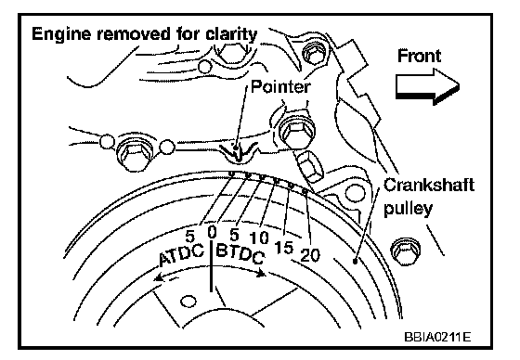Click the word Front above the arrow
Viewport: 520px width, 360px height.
419,56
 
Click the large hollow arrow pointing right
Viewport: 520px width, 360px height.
427,86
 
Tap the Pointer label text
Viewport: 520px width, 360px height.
280,87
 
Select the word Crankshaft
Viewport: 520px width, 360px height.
429,185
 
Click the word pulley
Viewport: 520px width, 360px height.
409,209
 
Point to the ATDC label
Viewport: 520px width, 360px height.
181,255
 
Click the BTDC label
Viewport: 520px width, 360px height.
240,253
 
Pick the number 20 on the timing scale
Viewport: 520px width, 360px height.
310,255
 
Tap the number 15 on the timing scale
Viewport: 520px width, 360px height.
284,248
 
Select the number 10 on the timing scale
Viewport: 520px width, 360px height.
259,238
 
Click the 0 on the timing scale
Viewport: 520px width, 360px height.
212,232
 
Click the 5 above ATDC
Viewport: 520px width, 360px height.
189,237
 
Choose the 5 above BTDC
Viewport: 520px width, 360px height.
234,235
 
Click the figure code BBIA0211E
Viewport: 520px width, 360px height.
437,337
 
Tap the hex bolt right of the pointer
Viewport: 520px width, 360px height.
296,130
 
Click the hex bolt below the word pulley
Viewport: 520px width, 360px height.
406,251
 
